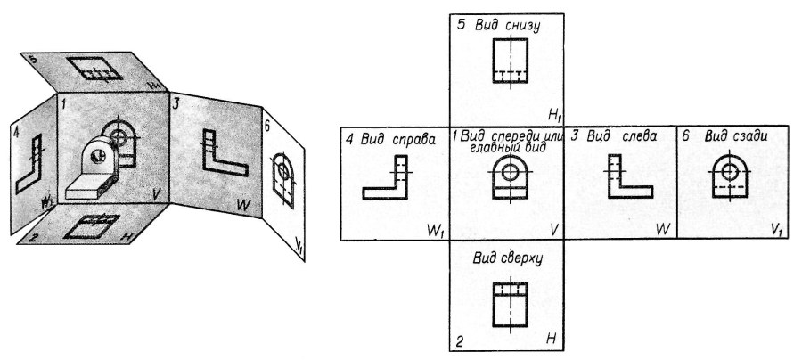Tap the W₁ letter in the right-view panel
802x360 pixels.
coord(436,229)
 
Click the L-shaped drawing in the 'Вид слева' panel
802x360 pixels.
coord(628,177)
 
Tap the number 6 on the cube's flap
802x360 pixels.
coord(267,126)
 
